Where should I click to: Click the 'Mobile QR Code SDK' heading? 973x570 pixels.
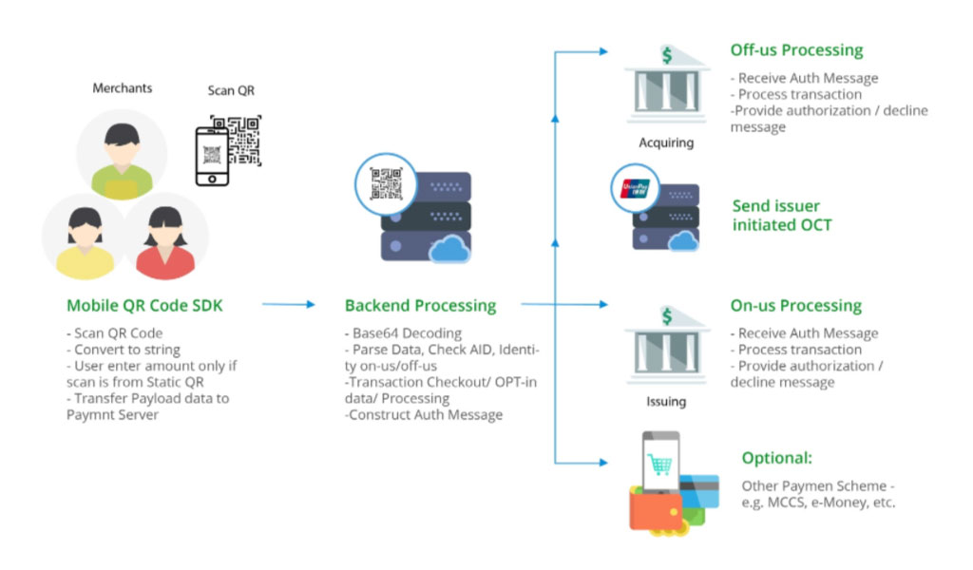point(144,305)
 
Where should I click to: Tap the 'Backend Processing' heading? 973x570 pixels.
point(420,305)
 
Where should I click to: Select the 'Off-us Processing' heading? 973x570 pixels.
point(796,50)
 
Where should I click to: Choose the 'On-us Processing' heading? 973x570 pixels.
point(795,305)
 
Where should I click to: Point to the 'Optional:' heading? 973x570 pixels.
point(777,458)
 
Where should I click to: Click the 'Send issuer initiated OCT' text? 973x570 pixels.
point(782,216)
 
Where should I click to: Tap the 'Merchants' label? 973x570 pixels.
point(123,88)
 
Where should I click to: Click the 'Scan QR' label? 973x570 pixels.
point(231,90)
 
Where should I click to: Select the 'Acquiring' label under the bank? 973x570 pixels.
point(666,142)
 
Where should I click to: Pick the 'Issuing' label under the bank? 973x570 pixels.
point(666,401)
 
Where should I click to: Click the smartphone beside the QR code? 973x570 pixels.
point(212,156)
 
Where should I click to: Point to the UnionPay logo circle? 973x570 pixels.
point(635,188)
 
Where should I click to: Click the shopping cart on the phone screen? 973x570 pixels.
point(659,464)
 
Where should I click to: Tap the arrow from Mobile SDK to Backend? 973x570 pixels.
point(289,304)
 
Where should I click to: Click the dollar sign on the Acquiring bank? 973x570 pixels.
point(667,55)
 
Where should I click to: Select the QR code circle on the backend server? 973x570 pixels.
point(386,184)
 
